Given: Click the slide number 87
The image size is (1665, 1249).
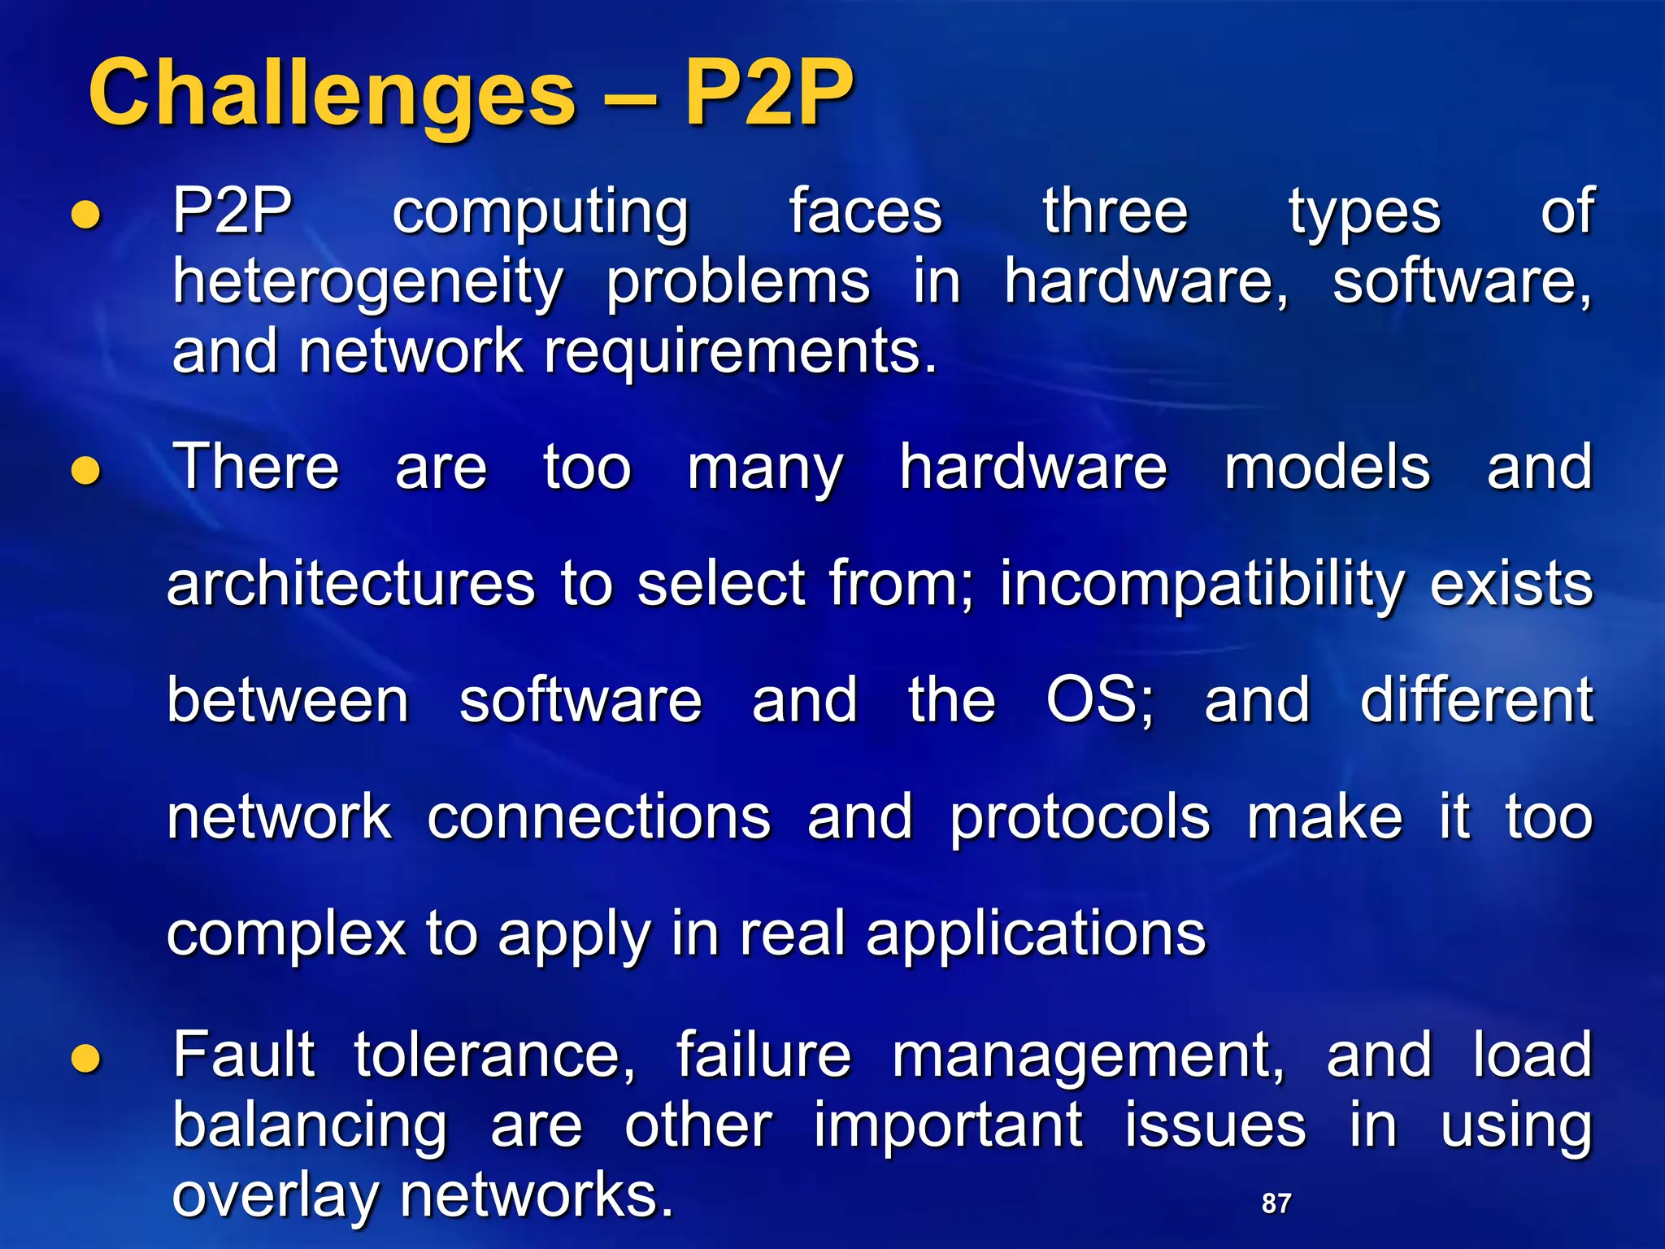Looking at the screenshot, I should point(1276,1203).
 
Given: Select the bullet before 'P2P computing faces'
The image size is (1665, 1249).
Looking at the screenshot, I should point(85,215).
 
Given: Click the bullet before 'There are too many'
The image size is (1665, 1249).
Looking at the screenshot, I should point(85,471).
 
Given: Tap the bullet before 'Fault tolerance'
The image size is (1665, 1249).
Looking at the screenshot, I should point(85,1058).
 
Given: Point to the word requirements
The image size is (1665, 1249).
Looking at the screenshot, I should point(740,353).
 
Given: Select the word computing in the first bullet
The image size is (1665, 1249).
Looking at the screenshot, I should point(540,213).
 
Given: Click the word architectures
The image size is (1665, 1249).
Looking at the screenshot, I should point(350,585).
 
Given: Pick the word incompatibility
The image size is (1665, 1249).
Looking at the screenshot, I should point(1202,585).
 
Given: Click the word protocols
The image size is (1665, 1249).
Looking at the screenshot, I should point(1080,818).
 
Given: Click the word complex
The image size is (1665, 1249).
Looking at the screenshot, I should point(285,934).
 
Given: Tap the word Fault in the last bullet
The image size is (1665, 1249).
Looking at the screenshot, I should point(243,1055).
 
